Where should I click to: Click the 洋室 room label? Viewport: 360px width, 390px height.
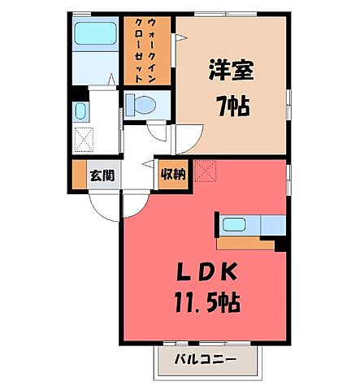click(231, 70)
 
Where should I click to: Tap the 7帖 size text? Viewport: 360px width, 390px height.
click(232, 106)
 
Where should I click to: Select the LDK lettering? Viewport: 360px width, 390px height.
click(207, 271)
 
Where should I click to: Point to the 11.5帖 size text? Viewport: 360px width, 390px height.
click(208, 302)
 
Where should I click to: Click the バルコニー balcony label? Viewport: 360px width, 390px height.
click(206, 360)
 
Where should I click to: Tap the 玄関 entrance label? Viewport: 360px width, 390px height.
click(102, 175)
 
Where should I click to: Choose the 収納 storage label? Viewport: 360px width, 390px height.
click(173, 174)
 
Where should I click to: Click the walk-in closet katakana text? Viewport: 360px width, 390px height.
click(145, 50)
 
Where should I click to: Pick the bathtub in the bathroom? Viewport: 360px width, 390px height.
click(95, 33)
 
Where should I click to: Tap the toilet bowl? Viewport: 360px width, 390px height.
click(141, 104)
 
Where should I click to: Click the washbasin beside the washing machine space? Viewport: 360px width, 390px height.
click(80, 112)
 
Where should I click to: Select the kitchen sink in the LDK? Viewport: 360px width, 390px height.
click(234, 224)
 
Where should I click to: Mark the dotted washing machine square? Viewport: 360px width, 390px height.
click(84, 140)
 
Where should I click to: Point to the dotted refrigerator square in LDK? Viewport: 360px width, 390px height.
click(206, 171)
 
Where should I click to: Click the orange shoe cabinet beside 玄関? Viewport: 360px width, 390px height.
click(80, 175)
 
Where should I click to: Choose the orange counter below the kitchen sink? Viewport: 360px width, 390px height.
click(245, 244)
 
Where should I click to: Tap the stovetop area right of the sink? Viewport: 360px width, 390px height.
click(273, 225)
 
